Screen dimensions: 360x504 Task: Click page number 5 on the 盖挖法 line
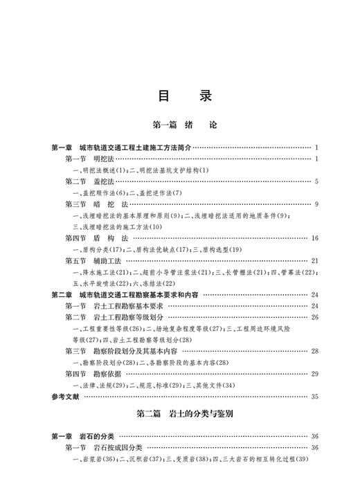click(x=315, y=181)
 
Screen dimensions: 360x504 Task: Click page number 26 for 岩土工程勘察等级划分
click(x=314, y=317)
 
